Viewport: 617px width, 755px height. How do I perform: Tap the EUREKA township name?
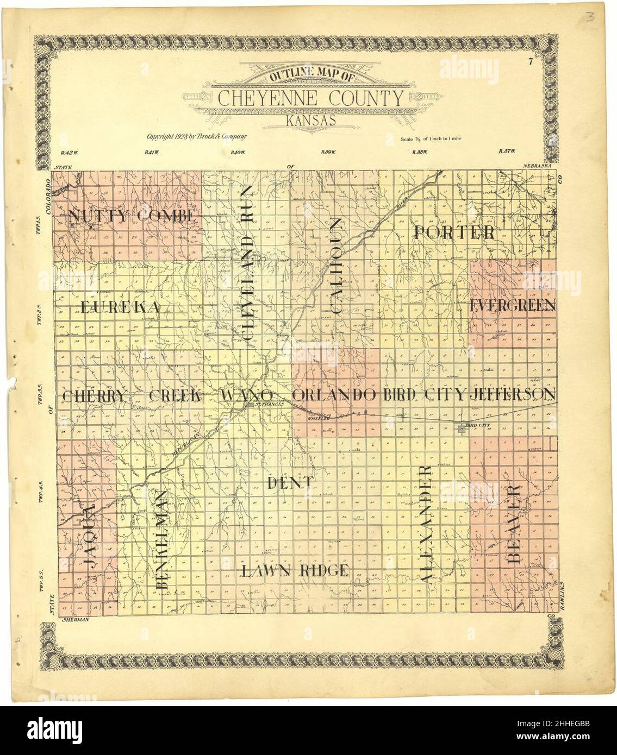coord(120,307)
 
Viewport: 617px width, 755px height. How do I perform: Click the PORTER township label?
coord(454,232)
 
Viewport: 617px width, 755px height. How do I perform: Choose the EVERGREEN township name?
coord(512,305)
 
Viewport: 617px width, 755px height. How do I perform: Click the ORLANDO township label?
coord(334,395)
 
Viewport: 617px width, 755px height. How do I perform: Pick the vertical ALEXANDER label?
coord(427,524)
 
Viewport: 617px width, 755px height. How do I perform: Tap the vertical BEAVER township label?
coord(514,523)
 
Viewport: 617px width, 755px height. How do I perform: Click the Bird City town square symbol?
coord(462,430)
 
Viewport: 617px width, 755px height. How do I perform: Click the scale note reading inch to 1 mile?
coord(431,139)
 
